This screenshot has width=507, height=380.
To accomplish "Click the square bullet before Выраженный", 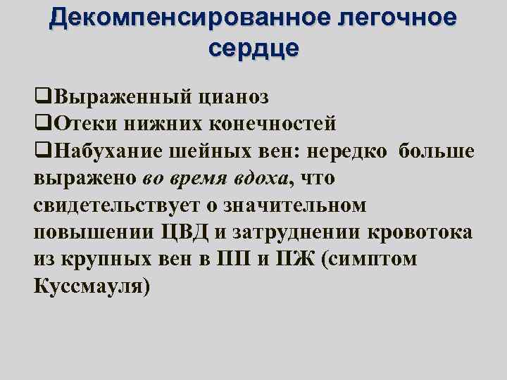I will (x=41, y=96).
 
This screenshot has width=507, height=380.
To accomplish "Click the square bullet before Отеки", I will (x=41, y=124).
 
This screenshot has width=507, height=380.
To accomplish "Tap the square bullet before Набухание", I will (x=41, y=151).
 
